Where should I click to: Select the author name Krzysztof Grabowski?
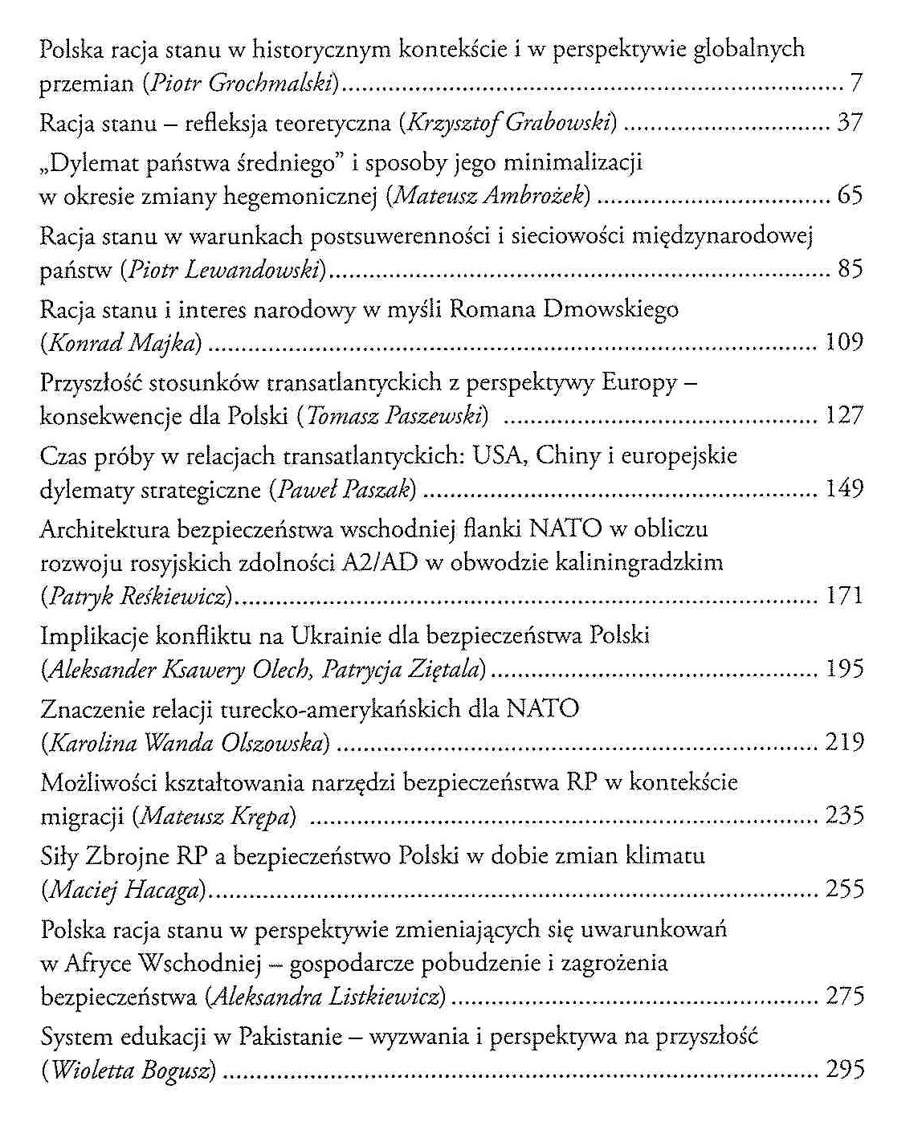coord(512,123)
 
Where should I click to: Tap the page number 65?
coord(850,195)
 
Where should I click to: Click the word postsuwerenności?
coord(412,236)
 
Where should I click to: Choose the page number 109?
coord(844,343)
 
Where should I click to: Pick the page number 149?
coord(844,488)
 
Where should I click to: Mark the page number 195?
coord(844,669)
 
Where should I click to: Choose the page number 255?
coord(844,889)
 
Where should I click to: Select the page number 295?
coord(844,1071)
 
